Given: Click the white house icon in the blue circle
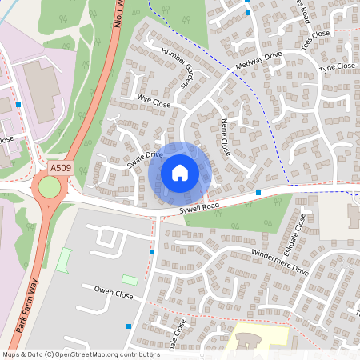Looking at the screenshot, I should [180, 172].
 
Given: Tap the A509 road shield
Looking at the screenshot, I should [59, 168].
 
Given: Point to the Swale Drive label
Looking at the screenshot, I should [145, 159].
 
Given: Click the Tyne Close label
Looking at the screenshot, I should [336, 68].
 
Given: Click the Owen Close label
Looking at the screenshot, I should [113, 292].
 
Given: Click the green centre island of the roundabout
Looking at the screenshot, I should [49, 189].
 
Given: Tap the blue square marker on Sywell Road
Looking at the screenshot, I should [258, 193].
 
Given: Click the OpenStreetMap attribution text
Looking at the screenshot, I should [80, 354].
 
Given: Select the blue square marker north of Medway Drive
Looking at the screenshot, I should [248, 13].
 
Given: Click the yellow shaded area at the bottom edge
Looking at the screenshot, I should [256, 340].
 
